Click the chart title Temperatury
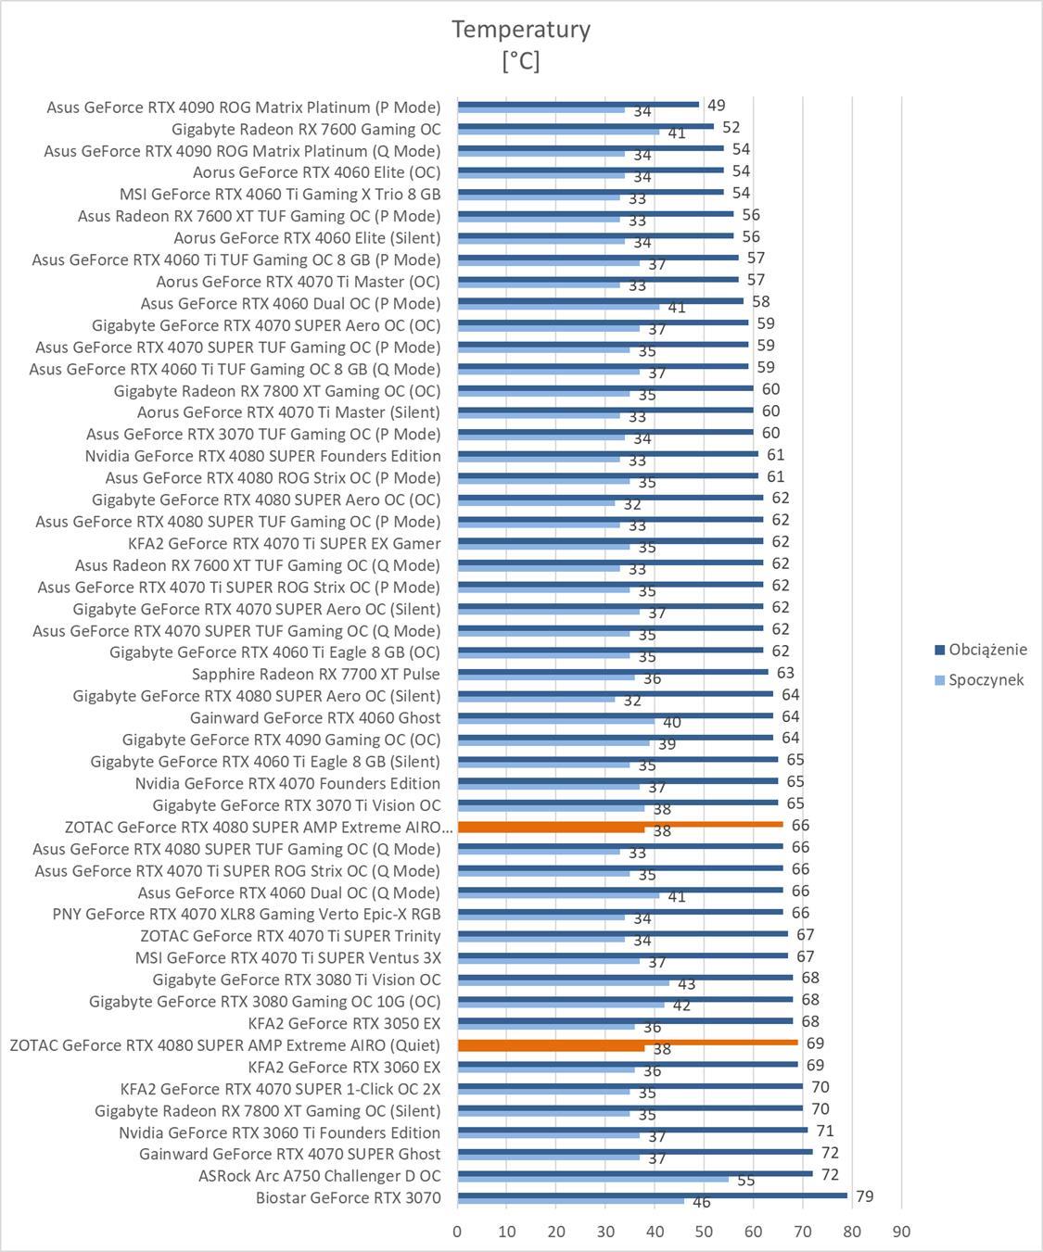(x=521, y=30)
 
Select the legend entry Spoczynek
(x=986, y=680)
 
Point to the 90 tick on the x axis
(x=901, y=1232)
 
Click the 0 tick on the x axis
(x=457, y=1232)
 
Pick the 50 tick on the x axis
(x=704, y=1232)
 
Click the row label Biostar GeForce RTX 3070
(x=349, y=1197)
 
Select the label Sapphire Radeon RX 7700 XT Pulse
(x=316, y=674)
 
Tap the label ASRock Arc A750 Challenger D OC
(x=320, y=1176)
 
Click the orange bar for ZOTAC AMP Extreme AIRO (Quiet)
(x=628, y=1043)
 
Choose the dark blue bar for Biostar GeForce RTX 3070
(x=652, y=1195)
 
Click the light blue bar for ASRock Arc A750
(x=593, y=1179)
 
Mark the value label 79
(x=864, y=1196)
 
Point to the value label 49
(x=716, y=106)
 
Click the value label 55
(x=745, y=1181)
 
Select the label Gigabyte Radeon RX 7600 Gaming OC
(x=306, y=129)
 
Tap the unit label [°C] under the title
(x=521, y=61)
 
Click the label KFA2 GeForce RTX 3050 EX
(x=345, y=1023)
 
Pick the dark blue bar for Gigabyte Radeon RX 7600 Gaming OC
(x=585, y=126)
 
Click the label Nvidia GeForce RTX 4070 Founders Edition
(x=287, y=783)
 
